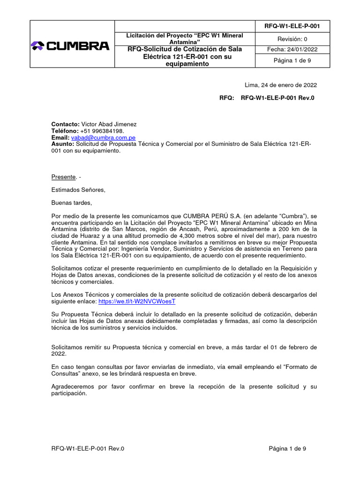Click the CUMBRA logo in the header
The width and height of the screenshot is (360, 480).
coord(70,45)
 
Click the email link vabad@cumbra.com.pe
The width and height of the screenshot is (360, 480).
coord(103,138)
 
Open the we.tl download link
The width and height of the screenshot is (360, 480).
coord(137,302)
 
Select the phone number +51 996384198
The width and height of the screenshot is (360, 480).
coord(102,131)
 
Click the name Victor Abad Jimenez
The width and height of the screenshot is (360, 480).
coord(109,124)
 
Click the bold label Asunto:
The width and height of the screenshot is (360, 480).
coord(62,144)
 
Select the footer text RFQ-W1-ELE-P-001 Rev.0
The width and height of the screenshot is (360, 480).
coord(88,449)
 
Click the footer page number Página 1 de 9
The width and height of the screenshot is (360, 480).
coord(287,449)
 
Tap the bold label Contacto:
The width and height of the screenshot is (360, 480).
coord(66,124)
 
